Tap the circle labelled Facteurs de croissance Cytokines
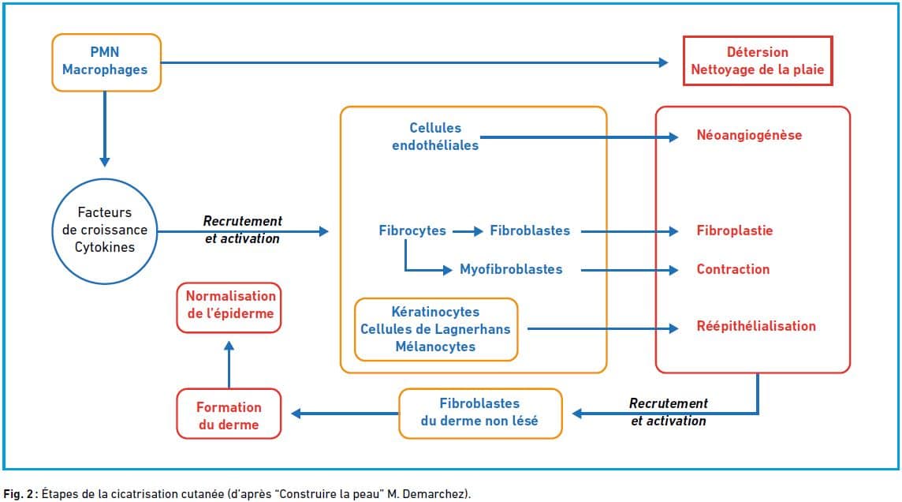tap(105, 230)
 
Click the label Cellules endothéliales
tap(435, 136)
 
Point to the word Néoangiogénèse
tap(748, 135)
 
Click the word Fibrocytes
tap(412, 231)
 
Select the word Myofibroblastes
tap(511, 269)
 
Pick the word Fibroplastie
tap(734, 231)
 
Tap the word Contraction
tap(732, 269)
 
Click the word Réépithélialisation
tap(755, 326)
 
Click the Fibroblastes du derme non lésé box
tap(479, 412)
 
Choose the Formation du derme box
tap(229, 416)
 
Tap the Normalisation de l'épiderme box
tap(229, 305)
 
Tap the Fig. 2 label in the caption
tap(18, 493)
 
